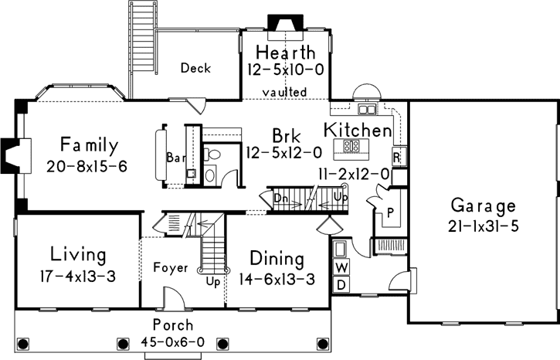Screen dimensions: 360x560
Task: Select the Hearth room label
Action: pyautogui.click(x=285, y=53)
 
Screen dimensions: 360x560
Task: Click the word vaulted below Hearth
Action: pyautogui.click(x=284, y=92)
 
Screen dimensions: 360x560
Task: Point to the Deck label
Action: pyautogui.click(x=195, y=68)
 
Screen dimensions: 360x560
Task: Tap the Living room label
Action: pyautogui.click(x=78, y=254)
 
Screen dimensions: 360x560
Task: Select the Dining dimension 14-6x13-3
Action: pyautogui.click(x=277, y=279)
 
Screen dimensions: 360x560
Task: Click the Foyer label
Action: pyautogui.click(x=171, y=268)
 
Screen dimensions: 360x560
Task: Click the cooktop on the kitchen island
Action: pyautogui.click(x=351, y=144)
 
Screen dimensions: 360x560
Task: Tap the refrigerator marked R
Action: pyautogui.click(x=396, y=157)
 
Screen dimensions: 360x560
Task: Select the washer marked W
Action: pyautogui.click(x=341, y=268)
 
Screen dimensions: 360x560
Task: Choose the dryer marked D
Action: pyautogui.click(x=341, y=285)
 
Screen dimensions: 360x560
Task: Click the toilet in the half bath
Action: pyautogui.click(x=215, y=157)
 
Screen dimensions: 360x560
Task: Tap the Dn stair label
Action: pyautogui.click(x=281, y=198)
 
